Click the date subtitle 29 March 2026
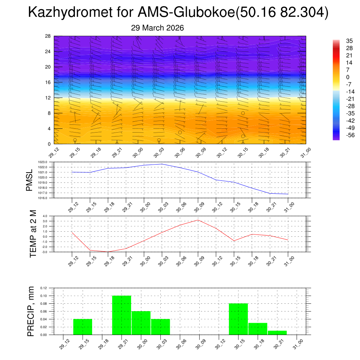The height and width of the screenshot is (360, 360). pyautogui.click(x=157, y=28)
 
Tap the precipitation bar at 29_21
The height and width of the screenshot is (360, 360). pyautogui.click(x=122, y=315)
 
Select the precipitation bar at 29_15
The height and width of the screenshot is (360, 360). pyautogui.click(x=83, y=327)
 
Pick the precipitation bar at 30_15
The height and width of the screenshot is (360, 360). pyautogui.click(x=238, y=319)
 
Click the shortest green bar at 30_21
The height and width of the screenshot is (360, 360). pyautogui.click(x=277, y=333)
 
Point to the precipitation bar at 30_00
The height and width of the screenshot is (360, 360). pyautogui.click(x=141, y=323)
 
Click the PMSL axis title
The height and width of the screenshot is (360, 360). pyautogui.click(x=30, y=179)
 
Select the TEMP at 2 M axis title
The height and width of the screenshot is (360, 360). pyautogui.click(x=33, y=233)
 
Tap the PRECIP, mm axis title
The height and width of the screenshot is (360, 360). pyautogui.click(x=31, y=311)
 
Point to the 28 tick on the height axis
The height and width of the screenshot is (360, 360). pyautogui.click(x=48, y=36)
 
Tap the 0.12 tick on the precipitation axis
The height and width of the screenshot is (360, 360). pyautogui.click(x=43, y=288)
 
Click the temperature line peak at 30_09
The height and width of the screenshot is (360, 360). pyautogui.click(x=198, y=220)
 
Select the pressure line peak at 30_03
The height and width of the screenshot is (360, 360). pyautogui.click(x=162, y=164)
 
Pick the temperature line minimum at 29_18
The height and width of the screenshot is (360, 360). pyautogui.click(x=108, y=252)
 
